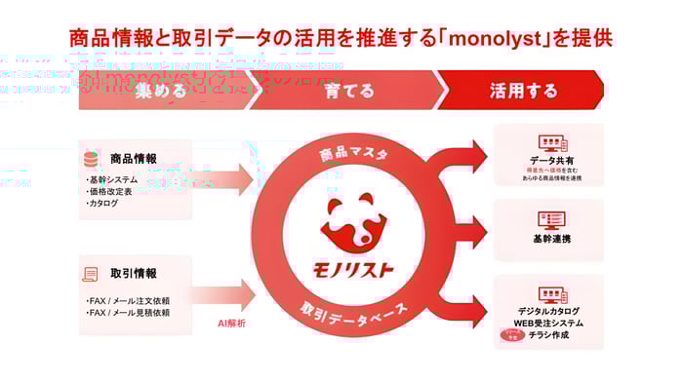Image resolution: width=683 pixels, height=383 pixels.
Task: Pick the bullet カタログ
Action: point(105,204)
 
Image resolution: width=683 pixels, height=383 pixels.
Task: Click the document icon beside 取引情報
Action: point(91,274)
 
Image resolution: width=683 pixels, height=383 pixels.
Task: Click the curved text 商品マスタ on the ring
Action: point(353,154)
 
